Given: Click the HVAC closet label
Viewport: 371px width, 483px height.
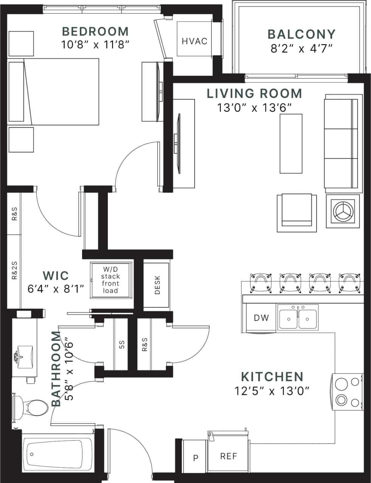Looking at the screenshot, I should (x=194, y=41).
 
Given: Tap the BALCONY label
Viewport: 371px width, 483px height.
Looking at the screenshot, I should (x=301, y=34).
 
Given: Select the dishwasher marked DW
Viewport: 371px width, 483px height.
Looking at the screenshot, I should (x=261, y=318).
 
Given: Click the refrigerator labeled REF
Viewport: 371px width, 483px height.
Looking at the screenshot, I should (x=228, y=457).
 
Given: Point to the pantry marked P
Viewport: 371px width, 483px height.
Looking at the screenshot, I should (x=196, y=458).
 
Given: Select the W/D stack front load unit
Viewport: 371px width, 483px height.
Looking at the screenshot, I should (x=111, y=280).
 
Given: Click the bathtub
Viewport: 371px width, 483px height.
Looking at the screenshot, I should (x=57, y=453).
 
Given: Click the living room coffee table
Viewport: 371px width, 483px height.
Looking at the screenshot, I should (x=291, y=143).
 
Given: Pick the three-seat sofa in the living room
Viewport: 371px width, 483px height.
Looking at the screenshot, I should (x=341, y=144).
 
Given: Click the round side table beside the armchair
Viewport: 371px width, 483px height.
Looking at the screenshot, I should (x=343, y=211).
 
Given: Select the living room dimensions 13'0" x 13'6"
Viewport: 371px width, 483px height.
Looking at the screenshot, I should (x=254, y=108).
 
